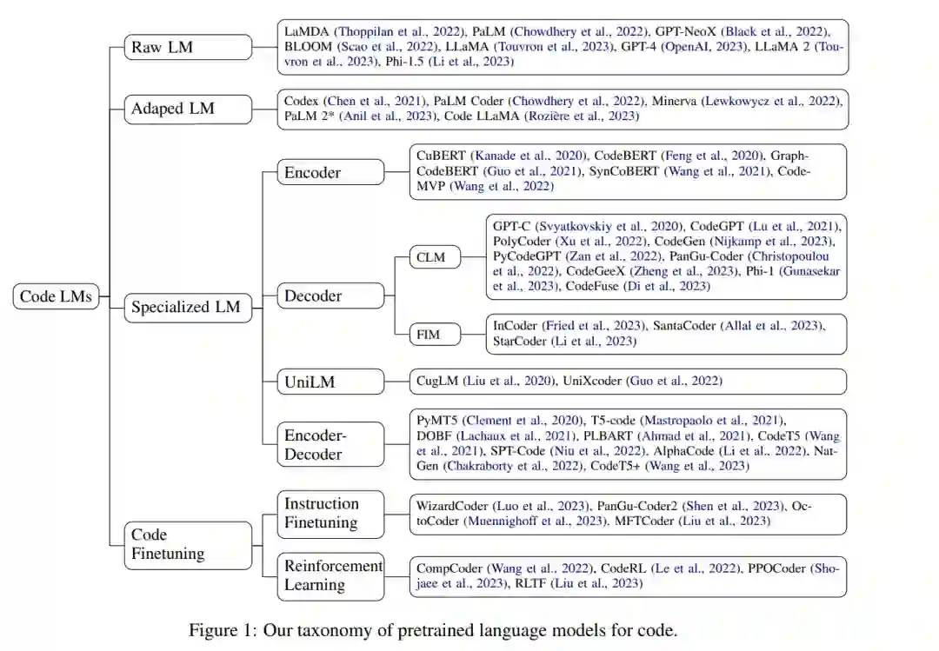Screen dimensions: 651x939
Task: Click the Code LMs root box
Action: point(56,296)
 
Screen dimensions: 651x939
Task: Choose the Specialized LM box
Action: point(184,307)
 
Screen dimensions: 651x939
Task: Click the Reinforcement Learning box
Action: point(331,575)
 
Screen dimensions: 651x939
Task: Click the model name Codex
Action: point(302,101)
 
